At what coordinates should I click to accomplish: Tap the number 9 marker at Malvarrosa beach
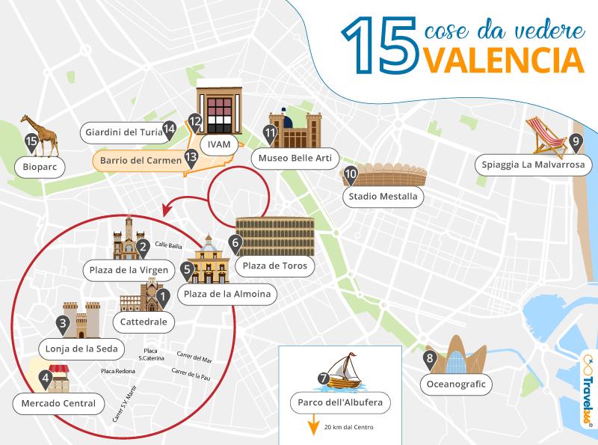point(575,141)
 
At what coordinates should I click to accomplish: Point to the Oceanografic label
point(456,384)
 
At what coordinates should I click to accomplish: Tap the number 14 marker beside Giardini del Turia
point(169,129)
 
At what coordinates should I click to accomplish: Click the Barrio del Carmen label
point(141,160)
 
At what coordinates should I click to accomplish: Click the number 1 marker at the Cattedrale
point(161,298)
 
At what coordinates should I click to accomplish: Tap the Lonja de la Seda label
point(87,349)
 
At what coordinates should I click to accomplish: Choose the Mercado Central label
point(59,404)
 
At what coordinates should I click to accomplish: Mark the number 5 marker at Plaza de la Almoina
point(187,268)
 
